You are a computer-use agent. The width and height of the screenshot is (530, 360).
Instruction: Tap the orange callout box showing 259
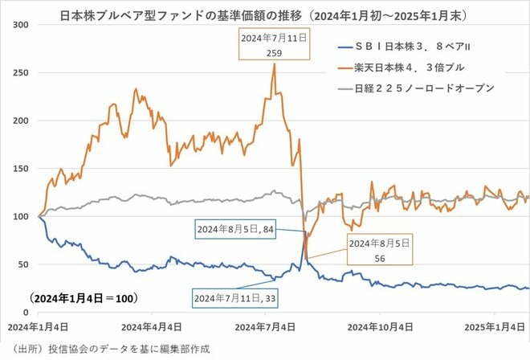click(273, 44)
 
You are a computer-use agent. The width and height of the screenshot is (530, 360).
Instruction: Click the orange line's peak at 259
click(275, 64)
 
